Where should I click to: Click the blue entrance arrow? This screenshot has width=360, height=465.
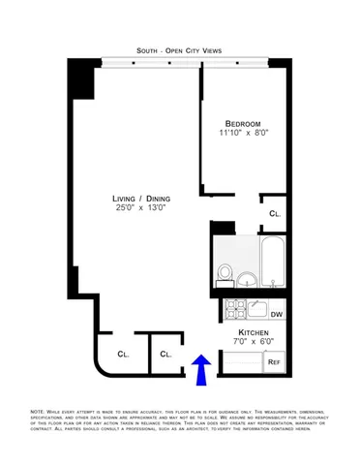(200, 370)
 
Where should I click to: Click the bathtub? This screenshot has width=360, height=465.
(272, 263)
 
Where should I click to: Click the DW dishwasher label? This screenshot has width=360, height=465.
(276, 315)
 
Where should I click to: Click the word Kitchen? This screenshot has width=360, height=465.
(254, 331)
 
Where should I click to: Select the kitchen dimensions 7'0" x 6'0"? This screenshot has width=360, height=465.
(254, 342)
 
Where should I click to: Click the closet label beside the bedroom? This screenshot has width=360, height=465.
(275, 212)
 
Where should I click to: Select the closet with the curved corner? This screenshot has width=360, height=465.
(121, 355)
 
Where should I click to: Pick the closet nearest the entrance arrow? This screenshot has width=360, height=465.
(165, 355)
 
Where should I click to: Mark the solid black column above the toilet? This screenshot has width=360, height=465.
(224, 229)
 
